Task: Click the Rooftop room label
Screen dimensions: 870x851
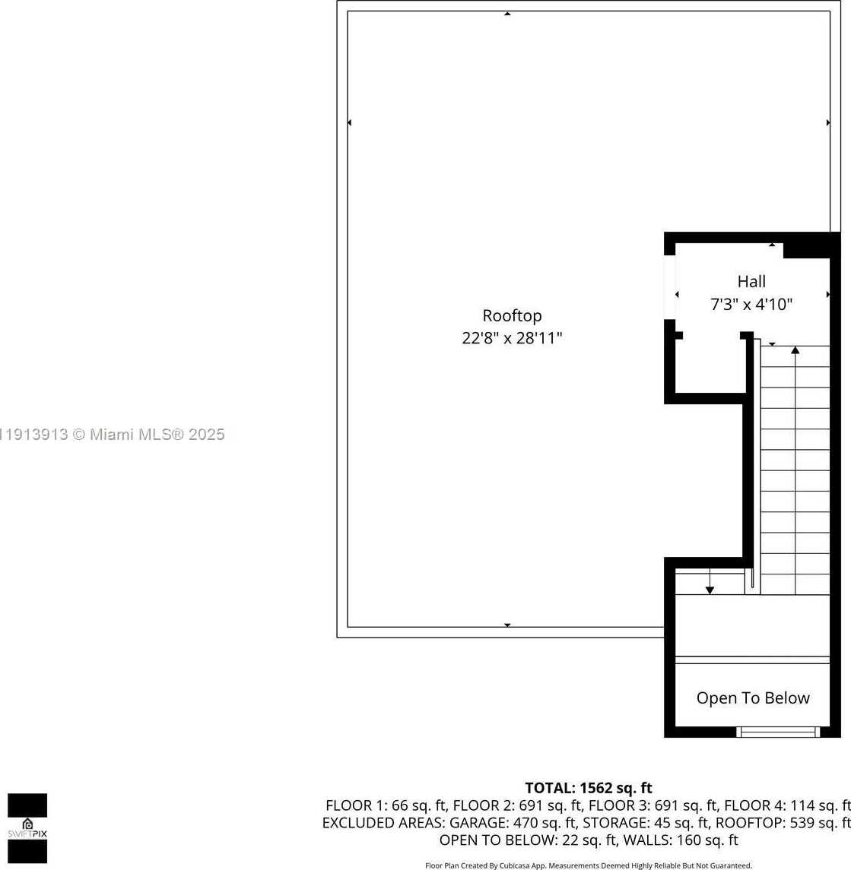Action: [x=512, y=315]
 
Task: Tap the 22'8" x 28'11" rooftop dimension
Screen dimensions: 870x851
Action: [x=512, y=338]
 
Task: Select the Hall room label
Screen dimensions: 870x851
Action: [x=751, y=282]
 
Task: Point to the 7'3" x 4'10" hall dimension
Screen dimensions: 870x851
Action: [x=751, y=305]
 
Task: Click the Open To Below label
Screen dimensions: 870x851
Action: [x=753, y=698]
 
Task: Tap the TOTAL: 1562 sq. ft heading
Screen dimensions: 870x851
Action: [x=588, y=788]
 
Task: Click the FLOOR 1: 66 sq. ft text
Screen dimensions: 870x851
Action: [x=386, y=805]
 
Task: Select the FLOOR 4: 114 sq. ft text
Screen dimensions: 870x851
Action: [x=787, y=805]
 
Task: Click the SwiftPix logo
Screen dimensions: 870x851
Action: [x=27, y=828]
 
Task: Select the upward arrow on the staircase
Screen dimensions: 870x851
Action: [x=795, y=350]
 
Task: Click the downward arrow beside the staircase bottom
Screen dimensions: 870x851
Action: [x=710, y=589]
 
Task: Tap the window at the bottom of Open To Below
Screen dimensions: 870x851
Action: [x=777, y=732]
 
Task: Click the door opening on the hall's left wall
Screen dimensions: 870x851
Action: [x=670, y=288]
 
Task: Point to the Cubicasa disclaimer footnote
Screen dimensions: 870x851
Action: [x=588, y=865]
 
